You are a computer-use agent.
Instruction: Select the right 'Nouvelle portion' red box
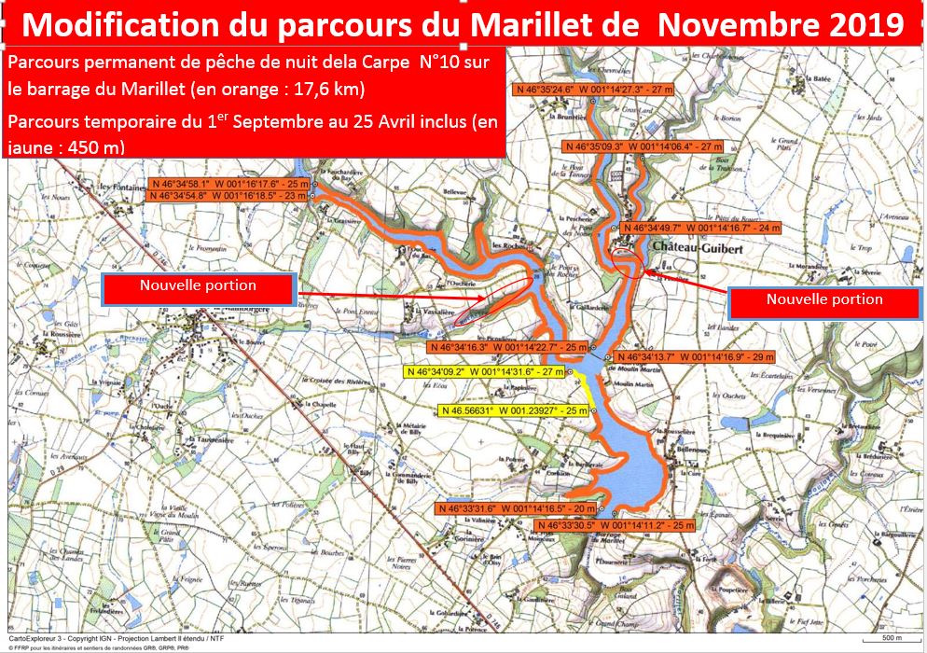tap(824, 299)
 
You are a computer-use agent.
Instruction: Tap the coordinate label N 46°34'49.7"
tap(701, 228)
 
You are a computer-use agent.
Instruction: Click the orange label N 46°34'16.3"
tap(507, 346)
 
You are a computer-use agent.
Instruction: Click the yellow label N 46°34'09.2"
tap(490, 371)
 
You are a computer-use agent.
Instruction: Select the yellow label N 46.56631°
tap(514, 410)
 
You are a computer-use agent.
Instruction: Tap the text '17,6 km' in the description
tap(327, 90)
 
